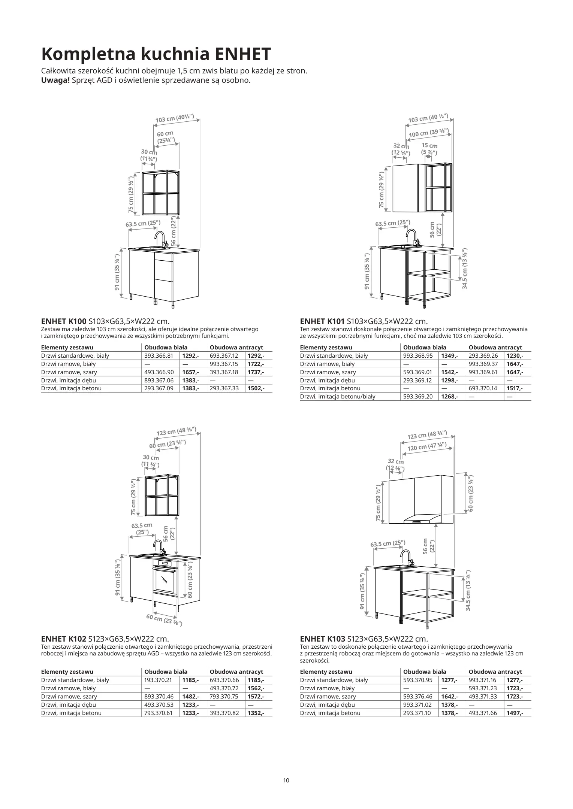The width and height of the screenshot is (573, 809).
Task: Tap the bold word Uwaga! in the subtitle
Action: (x=55, y=80)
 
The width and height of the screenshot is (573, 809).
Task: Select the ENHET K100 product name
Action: (x=63, y=321)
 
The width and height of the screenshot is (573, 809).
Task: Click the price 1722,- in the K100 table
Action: (x=256, y=364)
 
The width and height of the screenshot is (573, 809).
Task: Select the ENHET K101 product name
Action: (x=322, y=321)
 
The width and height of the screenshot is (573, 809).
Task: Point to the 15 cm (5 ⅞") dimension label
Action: (x=429, y=149)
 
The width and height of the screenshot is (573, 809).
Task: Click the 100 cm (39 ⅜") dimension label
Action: (x=428, y=133)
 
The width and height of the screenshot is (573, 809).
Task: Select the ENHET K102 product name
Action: (x=63, y=639)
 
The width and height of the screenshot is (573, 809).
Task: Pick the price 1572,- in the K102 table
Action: (x=256, y=697)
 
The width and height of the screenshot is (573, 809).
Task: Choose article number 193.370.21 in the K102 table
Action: (x=159, y=680)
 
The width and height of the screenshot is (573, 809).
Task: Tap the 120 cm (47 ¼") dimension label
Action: (x=427, y=447)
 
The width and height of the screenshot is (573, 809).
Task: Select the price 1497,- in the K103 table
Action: (x=515, y=713)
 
